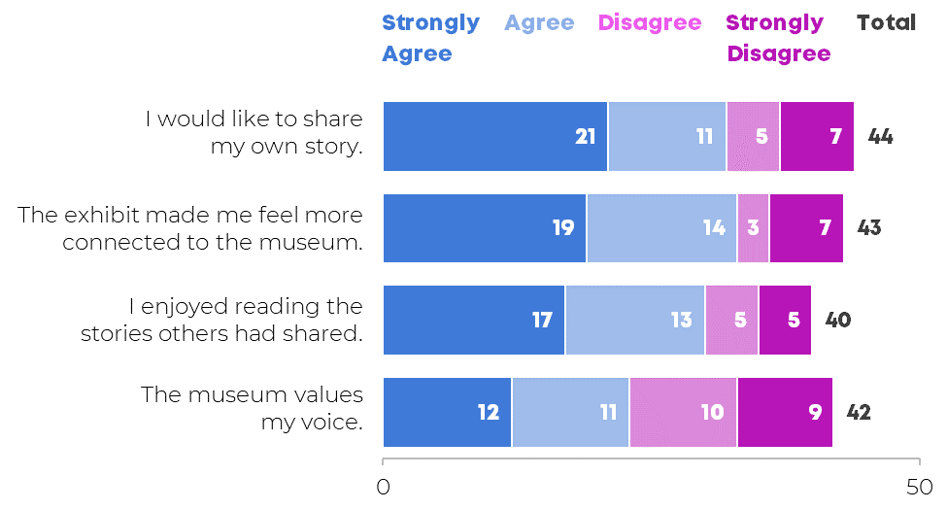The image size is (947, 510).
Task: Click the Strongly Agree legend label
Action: pos(430,38)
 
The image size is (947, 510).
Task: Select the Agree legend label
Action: pos(539,23)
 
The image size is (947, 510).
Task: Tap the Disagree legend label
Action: pos(650,23)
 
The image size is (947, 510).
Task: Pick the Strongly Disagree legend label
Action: pos(778,38)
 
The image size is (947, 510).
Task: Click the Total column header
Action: pos(887,23)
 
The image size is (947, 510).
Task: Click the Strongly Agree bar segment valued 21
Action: pos(495,137)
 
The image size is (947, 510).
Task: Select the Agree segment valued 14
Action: pos(661,228)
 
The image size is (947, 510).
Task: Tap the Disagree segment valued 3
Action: pos(753,228)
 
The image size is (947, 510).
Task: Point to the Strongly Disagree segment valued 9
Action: pos(785,412)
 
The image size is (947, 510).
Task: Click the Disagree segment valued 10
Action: pos(683,412)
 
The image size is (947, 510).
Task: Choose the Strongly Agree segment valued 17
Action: pos(474,321)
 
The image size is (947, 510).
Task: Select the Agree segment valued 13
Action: pos(635,321)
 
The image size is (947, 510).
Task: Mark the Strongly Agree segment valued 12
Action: pos(448,412)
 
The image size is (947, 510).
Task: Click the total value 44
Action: pos(880,137)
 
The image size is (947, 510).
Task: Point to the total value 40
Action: pos(837,321)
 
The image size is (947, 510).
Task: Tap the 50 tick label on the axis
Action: pos(919,487)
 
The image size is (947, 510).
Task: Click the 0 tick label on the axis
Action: pos(383,487)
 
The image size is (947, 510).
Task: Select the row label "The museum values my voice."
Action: pos(252,408)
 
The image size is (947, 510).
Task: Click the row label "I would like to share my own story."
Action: pos(254,133)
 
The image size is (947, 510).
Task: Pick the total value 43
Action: pos(869,228)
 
